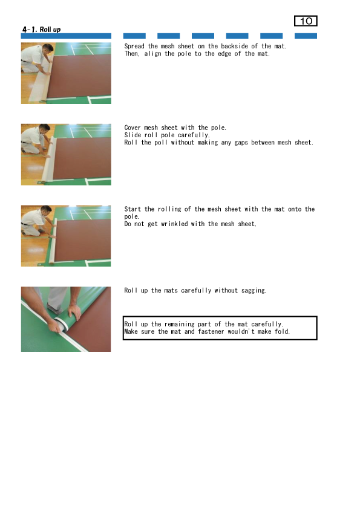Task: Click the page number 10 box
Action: click(x=306, y=21)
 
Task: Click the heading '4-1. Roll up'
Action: click(x=41, y=30)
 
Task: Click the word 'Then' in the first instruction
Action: click(x=131, y=54)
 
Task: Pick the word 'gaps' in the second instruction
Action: click(x=241, y=143)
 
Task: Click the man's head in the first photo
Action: click(x=47, y=48)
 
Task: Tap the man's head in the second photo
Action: click(x=45, y=129)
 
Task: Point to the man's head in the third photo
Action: click(x=46, y=210)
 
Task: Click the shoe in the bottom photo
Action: click(x=54, y=309)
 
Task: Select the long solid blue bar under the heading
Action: click(x=66, y=36)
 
